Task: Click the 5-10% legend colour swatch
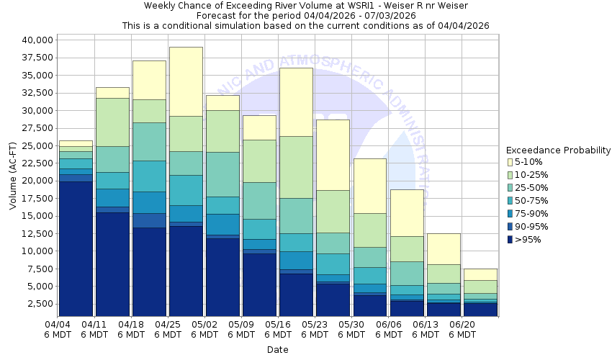pyautogui.click(x=510, y=162)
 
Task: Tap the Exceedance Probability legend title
pyautogui.click(x=558, y=150)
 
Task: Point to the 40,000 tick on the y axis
pyautogui.click(x=34, y=40)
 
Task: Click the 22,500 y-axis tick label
pyautogui.click(x=34, y=163)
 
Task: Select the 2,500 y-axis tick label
pyautogui.click(x=37, y=304)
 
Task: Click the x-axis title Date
pyautogui.click(x=277, y=350)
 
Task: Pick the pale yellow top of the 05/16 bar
pyautogui.click(x=296, y=102)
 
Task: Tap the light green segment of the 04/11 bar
pyautogui.click(x=112, y=122)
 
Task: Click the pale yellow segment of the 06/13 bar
pyautogui.click(x=443, y=248)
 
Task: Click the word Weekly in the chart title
pyautogui.click(x=161, y=6)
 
